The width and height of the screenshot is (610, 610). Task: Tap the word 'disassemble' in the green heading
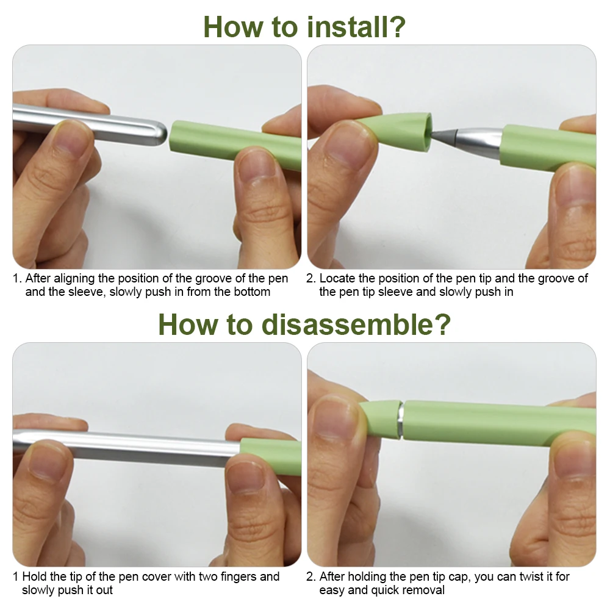(348, 324)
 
